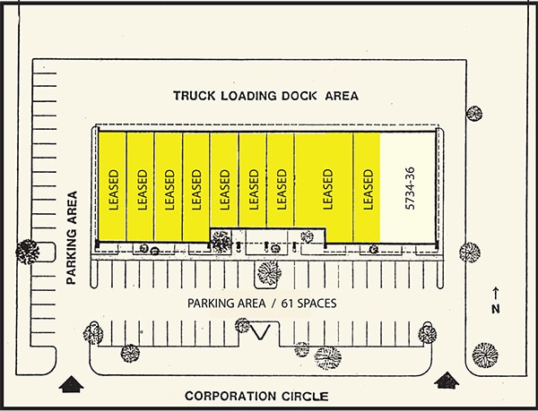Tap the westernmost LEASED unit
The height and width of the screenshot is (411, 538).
coord(112,186)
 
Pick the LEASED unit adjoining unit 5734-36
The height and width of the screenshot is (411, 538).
coord(367,187)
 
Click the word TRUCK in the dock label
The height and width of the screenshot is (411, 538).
coord(194,96)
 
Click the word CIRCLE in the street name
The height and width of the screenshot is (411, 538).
coord(305,397)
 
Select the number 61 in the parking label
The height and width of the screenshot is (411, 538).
coord(287,304)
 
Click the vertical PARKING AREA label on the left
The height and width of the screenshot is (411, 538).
coord(72,237)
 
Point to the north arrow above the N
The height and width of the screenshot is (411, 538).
coord(496,293)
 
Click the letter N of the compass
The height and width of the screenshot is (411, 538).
coord(496,309)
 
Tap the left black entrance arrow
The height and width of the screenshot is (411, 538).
coord(71,384)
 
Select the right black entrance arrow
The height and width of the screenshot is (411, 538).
coord(447,381)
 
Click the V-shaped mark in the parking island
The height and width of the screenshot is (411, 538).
coord(259,331)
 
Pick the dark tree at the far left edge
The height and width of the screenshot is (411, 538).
coord(27,252)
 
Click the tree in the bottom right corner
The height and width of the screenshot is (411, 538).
coord(485,355)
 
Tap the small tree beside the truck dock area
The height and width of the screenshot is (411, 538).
coord(474,114)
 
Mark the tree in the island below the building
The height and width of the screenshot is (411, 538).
coord(269,272)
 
